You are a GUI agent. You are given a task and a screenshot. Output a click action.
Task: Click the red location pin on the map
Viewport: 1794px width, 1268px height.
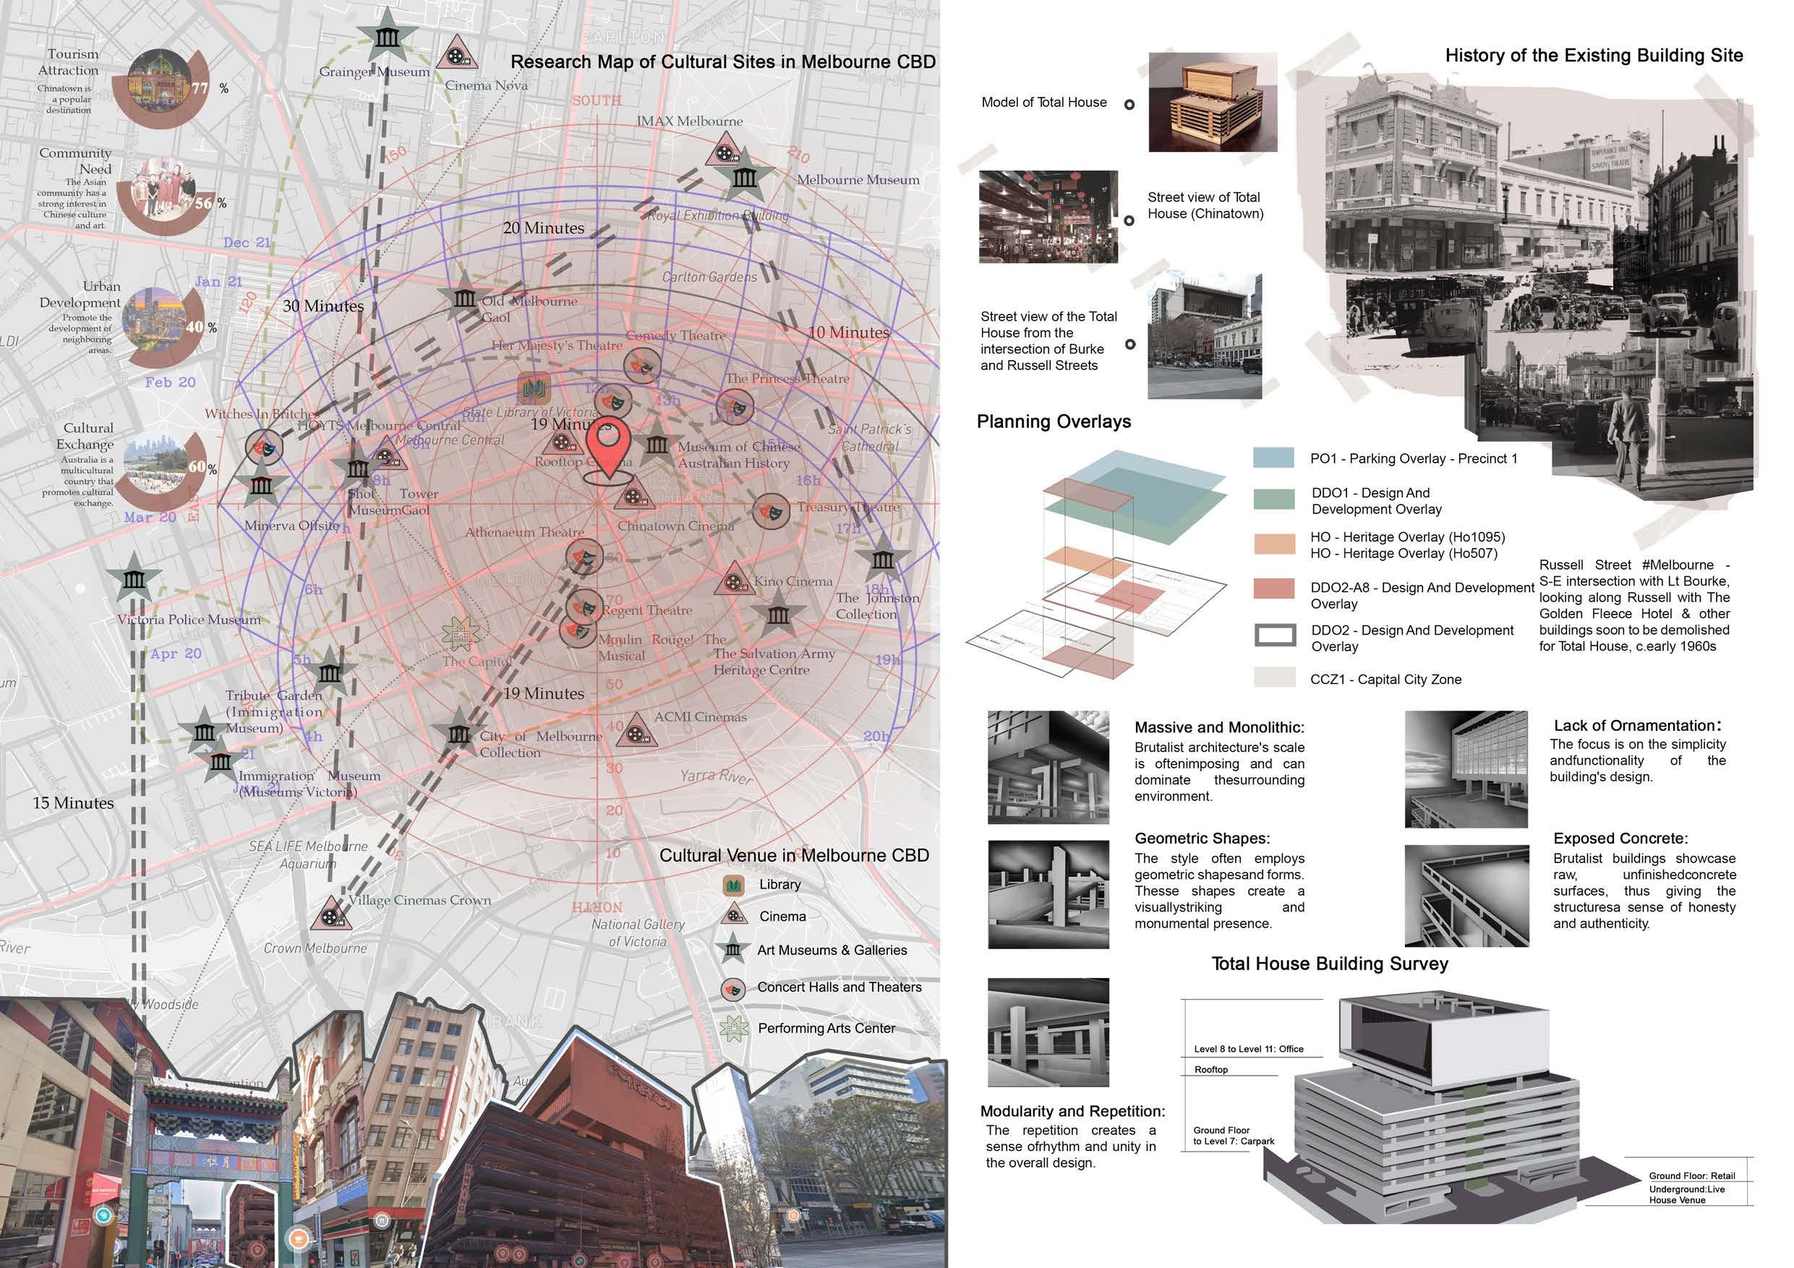[x=608, y=445]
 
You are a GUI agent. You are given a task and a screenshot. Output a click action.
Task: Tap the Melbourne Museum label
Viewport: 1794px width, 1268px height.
[x=857, y=180]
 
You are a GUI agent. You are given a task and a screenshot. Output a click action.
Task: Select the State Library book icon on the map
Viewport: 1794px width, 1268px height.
[x=534, y=389]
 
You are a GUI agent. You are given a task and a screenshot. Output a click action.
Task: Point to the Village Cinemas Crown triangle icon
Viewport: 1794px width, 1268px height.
[x=330, y=913]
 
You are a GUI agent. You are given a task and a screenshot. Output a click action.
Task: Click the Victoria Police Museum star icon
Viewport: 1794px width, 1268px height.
[x=134, y=579]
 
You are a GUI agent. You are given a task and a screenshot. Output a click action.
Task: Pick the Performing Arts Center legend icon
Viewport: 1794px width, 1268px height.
[x=733, y=1029]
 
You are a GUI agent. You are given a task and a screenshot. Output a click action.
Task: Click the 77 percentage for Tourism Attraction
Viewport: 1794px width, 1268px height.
[x=201, y=88]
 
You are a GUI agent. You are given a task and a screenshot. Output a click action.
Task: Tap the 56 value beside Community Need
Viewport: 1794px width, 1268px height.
[x=203, y=203]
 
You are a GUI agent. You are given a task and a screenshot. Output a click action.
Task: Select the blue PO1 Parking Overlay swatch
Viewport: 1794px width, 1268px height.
[x=1273, y=458]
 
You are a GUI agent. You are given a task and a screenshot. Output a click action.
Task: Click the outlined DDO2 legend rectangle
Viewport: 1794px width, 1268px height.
[x=1274, y=635]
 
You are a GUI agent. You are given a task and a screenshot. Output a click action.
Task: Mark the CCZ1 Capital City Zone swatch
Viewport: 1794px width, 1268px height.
[x=1274, y=677]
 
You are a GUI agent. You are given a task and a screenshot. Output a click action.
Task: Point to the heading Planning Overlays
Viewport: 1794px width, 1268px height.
[x=1054, y=422]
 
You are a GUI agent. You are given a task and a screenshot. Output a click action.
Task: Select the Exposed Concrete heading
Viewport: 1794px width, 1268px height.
[x=1620, y=839]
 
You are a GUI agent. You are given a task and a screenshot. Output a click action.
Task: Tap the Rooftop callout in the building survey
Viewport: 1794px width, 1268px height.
[x=1210, y=1069]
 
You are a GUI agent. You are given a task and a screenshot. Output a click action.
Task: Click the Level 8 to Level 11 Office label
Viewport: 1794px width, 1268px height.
[x=1248, y=1049]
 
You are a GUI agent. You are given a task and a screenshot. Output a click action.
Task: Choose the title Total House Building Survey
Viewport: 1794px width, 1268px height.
[x=1329, y=964]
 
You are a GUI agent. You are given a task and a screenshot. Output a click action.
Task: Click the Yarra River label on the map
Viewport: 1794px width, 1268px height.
[x=717, y=776]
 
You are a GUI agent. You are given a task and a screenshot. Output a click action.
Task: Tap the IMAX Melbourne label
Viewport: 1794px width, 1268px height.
[x=689, y=121]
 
